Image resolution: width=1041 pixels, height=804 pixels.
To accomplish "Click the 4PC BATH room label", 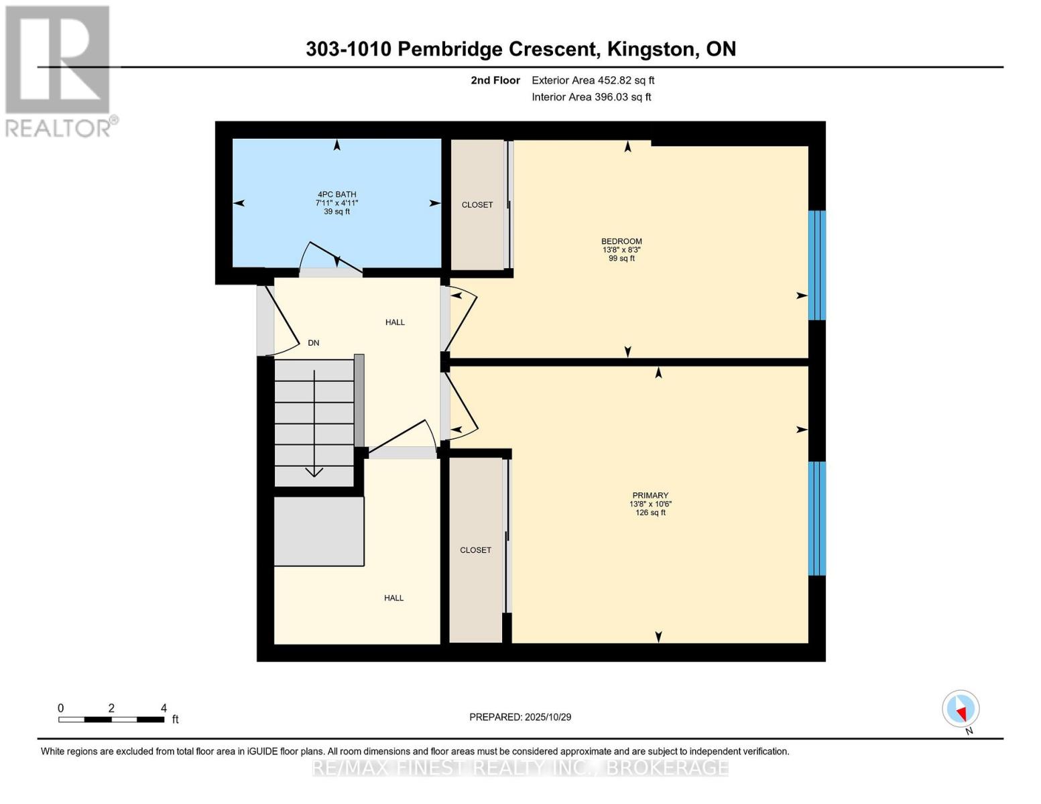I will (x=336, y=194).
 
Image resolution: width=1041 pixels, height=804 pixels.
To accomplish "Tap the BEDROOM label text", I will (x=621, y=241).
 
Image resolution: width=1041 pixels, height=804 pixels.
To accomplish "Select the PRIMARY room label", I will (x=650, y=496).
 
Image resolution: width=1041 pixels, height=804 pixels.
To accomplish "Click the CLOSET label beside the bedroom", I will (x=477, y=205).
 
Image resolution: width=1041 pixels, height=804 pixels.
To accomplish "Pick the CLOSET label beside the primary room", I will (x=475, y=550).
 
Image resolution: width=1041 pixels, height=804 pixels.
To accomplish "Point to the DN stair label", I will (x=313, y=343).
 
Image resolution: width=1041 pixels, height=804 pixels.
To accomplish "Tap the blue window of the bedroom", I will (x=816, y=265).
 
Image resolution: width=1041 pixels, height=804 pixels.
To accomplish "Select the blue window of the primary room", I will (x=816, y=518).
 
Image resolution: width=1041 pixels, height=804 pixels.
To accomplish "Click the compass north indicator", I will (x=961, y=709).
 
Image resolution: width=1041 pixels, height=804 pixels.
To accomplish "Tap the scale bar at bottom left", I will (x=111, y=720).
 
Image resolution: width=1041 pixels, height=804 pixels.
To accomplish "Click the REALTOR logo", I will (x=59, y=70).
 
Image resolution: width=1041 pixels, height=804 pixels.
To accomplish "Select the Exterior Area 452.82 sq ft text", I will (x=593, y=80).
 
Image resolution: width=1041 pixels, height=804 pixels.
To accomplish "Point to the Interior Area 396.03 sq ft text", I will (x=591, y=97).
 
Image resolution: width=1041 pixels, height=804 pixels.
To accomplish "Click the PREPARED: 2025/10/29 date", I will (x=520, y=717).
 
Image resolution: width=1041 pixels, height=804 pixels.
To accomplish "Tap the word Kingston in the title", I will (x=650, y=49).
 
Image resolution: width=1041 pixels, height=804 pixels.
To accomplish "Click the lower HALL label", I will (x=393, y=598).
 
